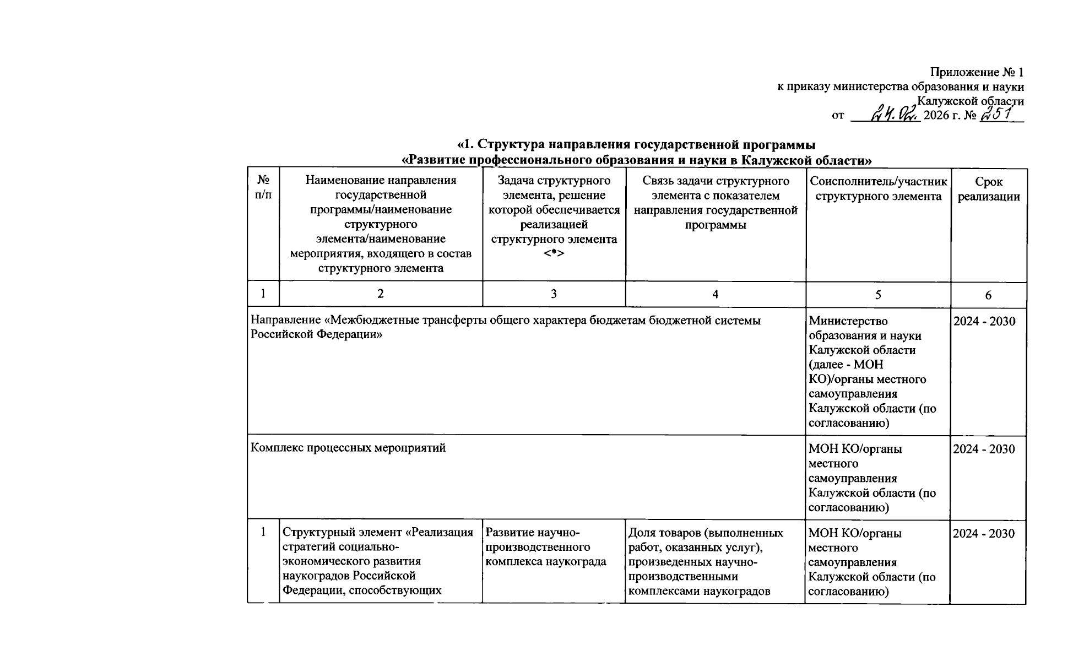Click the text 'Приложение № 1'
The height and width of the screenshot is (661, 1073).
point(977,72)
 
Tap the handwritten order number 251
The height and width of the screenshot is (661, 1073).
point(1001,114)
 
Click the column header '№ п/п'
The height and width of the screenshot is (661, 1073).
point(263,188)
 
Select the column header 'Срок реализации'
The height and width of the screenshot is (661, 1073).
point(988,189)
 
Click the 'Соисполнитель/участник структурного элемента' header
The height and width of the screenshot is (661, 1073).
point(878,189)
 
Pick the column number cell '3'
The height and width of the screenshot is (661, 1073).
point(554,294)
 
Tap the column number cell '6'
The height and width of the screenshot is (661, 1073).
point(988,295)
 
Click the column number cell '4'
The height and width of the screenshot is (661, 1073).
point(715,294)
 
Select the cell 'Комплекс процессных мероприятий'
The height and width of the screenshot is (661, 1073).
point(348,448)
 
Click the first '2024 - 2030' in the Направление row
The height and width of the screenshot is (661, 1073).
point(984,321)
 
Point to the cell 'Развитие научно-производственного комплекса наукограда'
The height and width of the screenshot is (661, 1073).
point(545,547)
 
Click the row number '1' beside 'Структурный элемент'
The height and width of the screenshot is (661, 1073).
point(263,532)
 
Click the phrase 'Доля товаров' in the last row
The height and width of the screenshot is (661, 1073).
point(659,533)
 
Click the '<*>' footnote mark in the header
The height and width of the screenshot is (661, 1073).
point(554,253)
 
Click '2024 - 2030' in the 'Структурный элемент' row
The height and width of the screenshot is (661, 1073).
point(984,533)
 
